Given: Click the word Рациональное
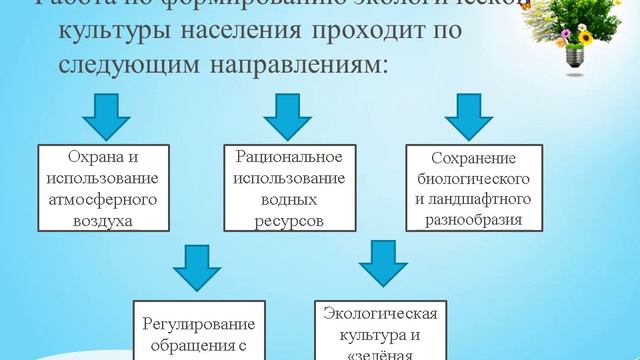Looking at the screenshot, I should [289, 157].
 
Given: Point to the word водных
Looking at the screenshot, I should [289, 199].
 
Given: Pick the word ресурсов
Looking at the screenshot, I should [289, 220].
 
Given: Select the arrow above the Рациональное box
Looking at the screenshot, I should [290, 116].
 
